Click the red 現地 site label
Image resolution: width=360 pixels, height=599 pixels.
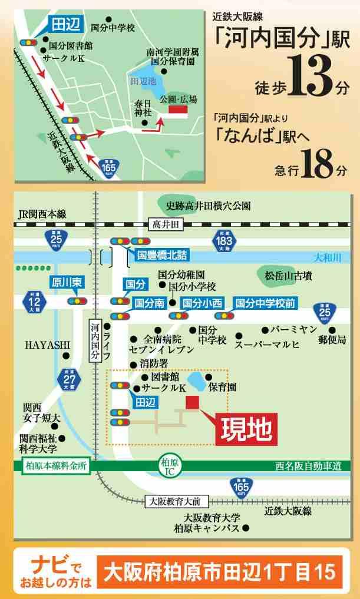click(246, 429)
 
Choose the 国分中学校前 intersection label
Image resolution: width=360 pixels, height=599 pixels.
click(265, 303)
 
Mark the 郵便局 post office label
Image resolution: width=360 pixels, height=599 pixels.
click(333, 340)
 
